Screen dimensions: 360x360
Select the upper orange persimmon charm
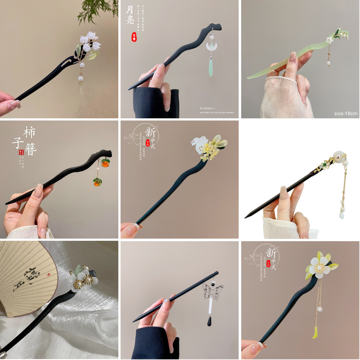(105, 162)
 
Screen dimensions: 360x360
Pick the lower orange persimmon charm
(97, 182)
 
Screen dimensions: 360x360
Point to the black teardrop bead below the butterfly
(210, 321)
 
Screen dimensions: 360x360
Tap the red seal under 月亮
(134, 37)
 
